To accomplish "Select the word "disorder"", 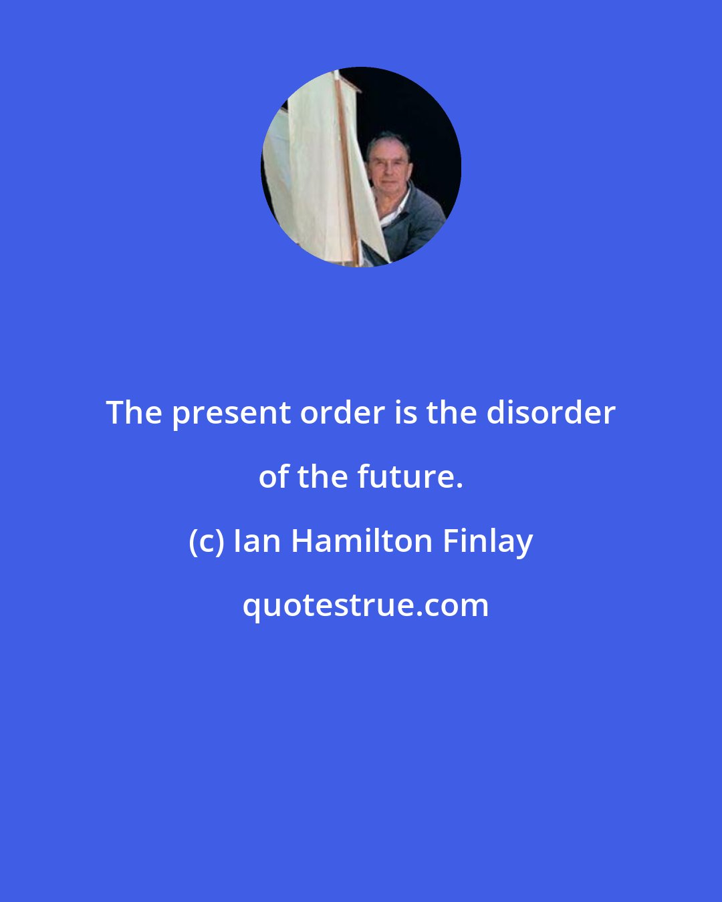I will (551, 413).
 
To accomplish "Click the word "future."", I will (410, 477).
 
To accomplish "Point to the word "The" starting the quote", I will (134, 413).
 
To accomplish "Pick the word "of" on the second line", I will (273, 477).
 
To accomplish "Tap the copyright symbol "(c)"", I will (206, 541).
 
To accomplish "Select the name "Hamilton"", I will (362, 541).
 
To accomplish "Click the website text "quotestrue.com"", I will (365, 605).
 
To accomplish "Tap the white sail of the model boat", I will (314, 167).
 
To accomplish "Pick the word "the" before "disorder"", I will (451, 413).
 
